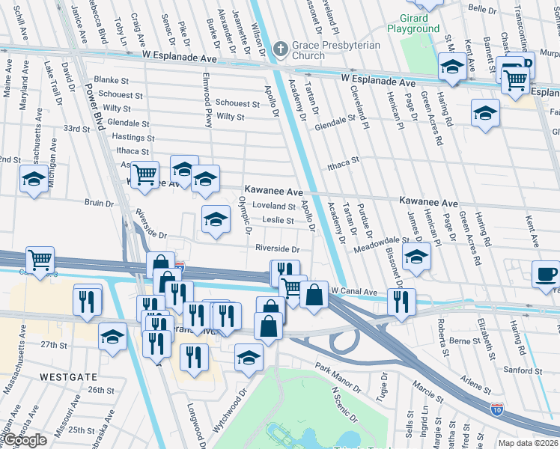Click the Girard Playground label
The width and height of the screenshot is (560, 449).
(x=413, y=23)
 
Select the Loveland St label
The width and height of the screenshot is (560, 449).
(x=274, y=206)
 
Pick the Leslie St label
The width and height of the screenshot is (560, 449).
(x=278, y=221)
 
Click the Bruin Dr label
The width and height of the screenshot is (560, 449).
(x=99, y=203)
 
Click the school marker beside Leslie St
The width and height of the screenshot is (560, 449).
(x=216, y=220)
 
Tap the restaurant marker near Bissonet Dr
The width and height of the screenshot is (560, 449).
(x=401, y=302)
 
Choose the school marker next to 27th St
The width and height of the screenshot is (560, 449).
(x=112, y=337)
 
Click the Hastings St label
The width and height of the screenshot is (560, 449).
(x=133, y=138)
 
